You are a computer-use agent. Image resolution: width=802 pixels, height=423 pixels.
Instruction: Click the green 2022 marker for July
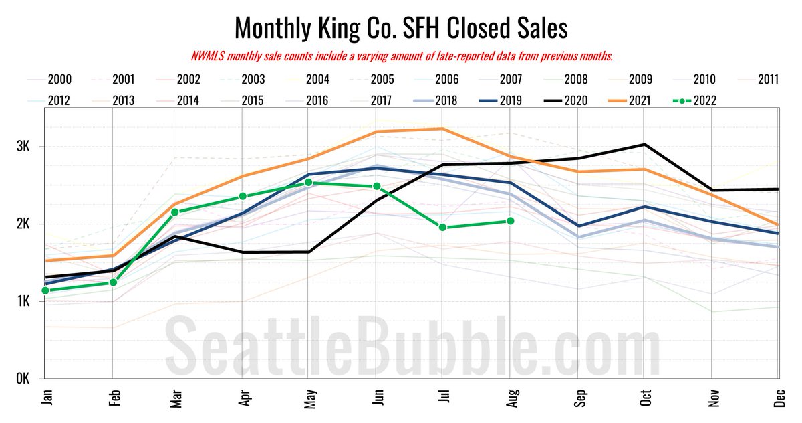(442, 228)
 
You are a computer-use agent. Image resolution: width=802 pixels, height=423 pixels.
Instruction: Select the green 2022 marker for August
(510, 221)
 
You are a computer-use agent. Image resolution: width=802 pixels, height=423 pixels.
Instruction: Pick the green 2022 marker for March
(174, 212)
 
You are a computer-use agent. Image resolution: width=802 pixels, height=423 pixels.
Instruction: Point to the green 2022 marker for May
(308, 183)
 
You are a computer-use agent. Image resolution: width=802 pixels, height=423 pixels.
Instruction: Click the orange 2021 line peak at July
(442, 129)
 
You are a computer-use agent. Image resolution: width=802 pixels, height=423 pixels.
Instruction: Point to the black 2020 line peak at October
(644, 145)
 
